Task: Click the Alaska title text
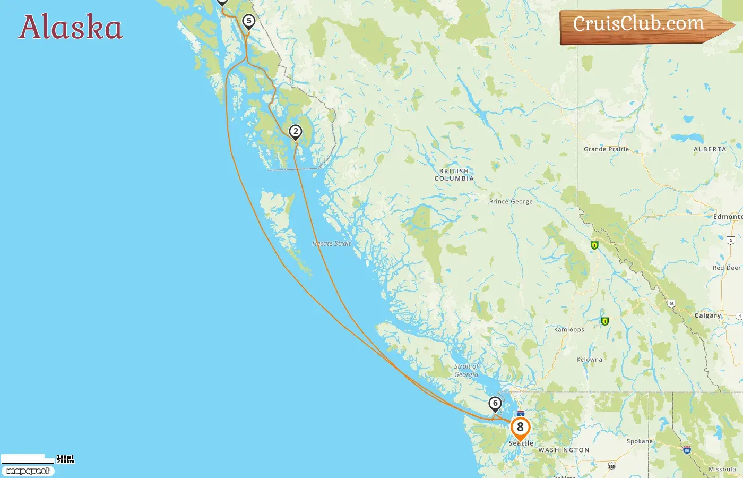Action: (71, 27)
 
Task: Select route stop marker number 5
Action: (248, 22)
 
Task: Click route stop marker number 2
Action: (296, 132)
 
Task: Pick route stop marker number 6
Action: (495, 404)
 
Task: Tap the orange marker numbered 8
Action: (520, 428)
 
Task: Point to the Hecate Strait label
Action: (332, 244)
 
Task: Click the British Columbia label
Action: (454, 175)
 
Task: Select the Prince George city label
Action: (511, 202)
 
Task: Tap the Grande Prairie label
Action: (606, 149)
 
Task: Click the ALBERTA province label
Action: (710, 149)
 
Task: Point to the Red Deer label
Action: (727, 268)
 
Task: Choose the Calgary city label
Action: (708, 315)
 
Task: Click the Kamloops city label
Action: (569, 329)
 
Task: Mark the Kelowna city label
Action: (589, 360)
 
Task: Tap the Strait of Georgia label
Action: (466, 370)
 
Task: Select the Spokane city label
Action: (640, 441)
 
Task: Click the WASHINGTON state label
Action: (564, 450)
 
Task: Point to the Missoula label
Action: (722, 470)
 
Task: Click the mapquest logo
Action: (28, 471)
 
